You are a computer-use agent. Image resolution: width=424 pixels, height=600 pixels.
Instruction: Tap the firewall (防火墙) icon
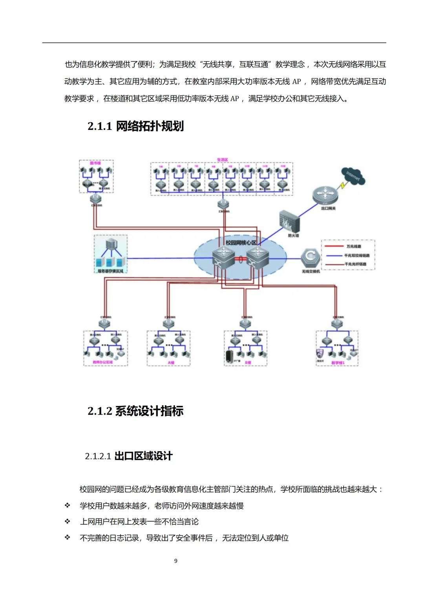289,221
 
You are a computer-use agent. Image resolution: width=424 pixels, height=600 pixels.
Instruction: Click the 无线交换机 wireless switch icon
311,258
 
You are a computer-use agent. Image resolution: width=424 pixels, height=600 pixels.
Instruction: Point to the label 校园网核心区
241,243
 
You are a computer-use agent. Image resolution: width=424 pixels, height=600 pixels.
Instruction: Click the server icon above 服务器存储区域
111,245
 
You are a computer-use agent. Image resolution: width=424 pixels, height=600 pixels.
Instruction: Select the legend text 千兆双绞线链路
356,256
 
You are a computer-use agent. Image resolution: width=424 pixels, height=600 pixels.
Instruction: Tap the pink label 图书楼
95,163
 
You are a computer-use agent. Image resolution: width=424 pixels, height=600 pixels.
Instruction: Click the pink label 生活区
222,160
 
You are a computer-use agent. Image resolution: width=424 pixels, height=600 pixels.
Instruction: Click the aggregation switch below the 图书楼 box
96,199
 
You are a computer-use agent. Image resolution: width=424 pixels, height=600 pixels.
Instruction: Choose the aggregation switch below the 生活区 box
223,204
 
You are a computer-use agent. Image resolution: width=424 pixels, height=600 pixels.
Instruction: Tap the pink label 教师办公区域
103,362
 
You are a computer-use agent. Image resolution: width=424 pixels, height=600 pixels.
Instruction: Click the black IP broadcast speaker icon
229,357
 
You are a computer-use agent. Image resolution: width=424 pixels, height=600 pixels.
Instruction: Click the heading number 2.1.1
100,126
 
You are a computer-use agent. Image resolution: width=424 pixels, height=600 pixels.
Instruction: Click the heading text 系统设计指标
149,411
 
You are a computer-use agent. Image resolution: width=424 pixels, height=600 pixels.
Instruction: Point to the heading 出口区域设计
143,456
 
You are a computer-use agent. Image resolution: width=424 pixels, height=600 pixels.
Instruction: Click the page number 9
176,561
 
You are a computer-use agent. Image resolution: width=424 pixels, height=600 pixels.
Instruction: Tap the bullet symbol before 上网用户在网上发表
68,521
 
